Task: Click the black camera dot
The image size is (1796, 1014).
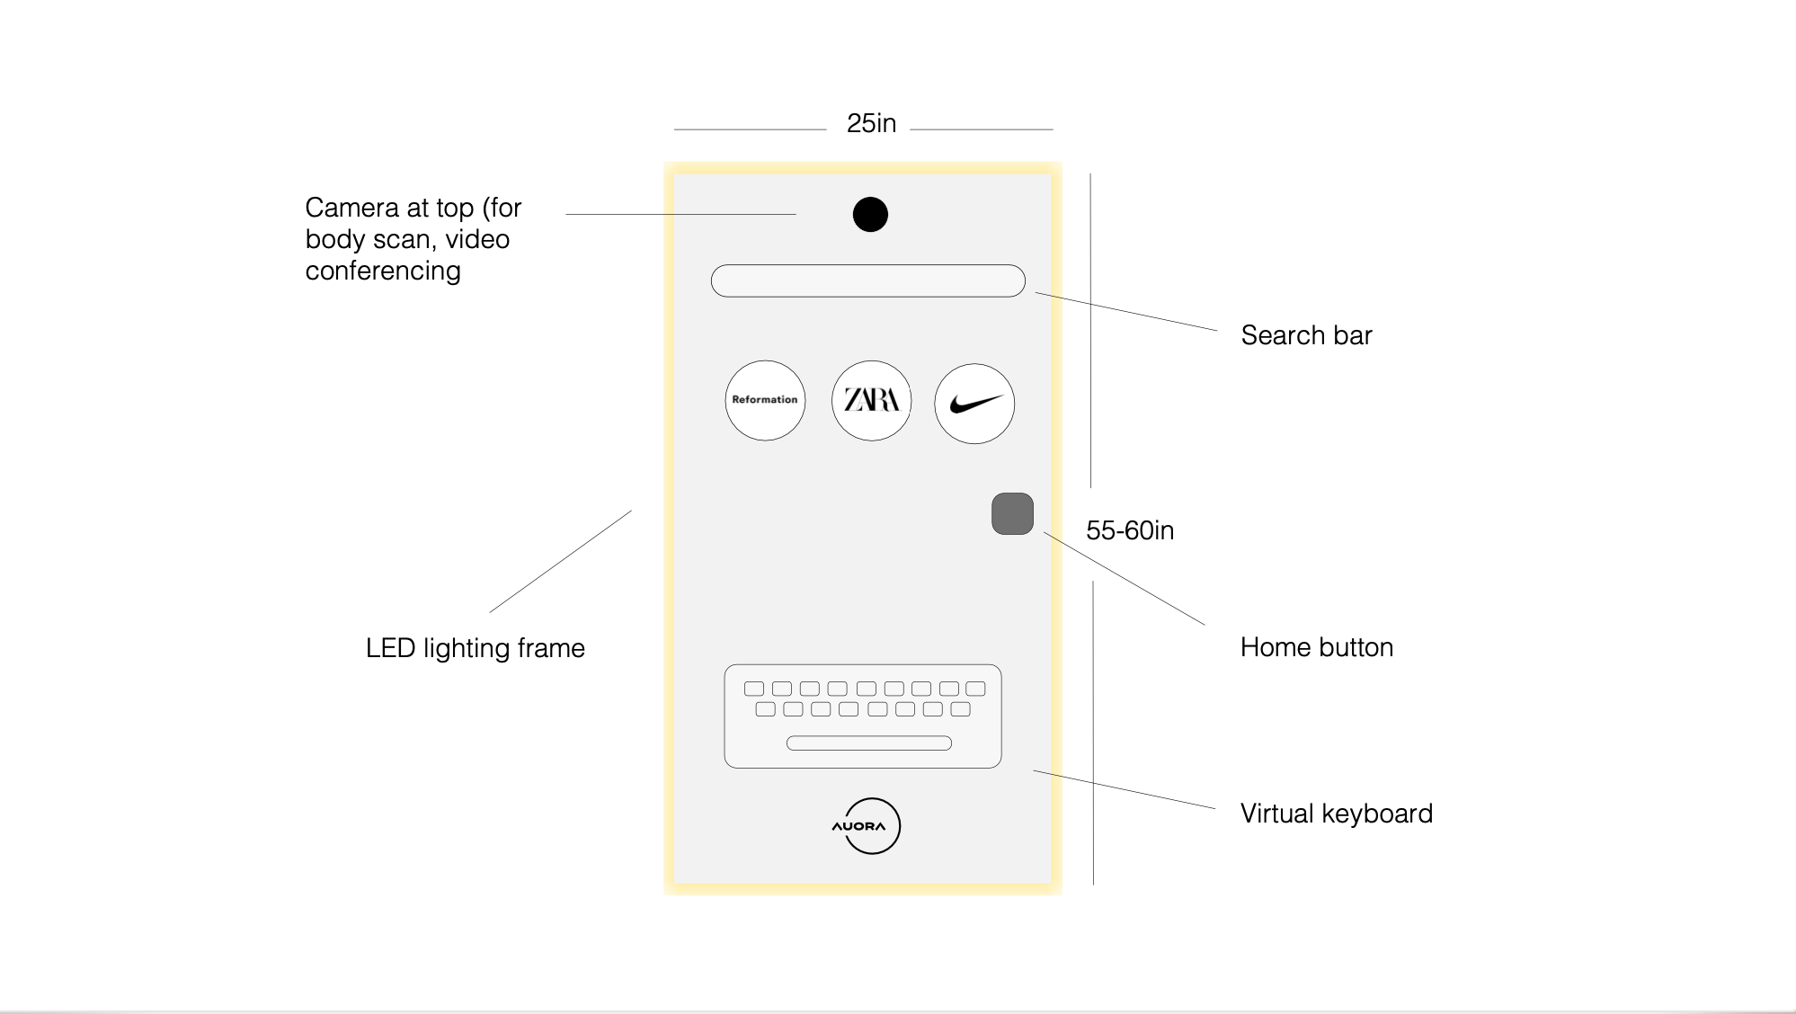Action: [869, 214]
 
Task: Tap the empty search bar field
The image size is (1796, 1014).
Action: [867, 280]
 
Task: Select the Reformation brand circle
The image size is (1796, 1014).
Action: [765, 400]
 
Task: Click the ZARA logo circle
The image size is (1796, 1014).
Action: [871, 400]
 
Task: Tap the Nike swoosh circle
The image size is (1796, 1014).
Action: [974, 404]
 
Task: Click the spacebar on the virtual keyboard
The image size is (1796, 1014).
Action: [868, 743]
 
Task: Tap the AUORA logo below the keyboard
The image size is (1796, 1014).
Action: [866, 825]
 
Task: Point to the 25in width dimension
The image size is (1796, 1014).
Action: [871, 123]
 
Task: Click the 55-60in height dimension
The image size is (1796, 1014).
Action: [1129, 530]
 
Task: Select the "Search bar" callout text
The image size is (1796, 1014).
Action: [1306, 335]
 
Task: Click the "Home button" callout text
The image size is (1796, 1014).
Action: [1316, 647]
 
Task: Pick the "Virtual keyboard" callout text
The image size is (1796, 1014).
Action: [1336, 814]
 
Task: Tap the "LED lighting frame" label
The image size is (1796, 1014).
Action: [475, 648]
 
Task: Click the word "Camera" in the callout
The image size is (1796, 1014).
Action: [351, 208]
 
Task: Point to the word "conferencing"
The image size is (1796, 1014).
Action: [383, 271]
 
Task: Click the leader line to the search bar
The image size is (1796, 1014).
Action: [1126, 312]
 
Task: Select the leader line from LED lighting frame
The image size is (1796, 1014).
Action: [560, 562]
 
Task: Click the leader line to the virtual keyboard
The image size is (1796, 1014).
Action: [1124, 789]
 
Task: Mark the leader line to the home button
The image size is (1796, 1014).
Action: [1124, 578]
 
